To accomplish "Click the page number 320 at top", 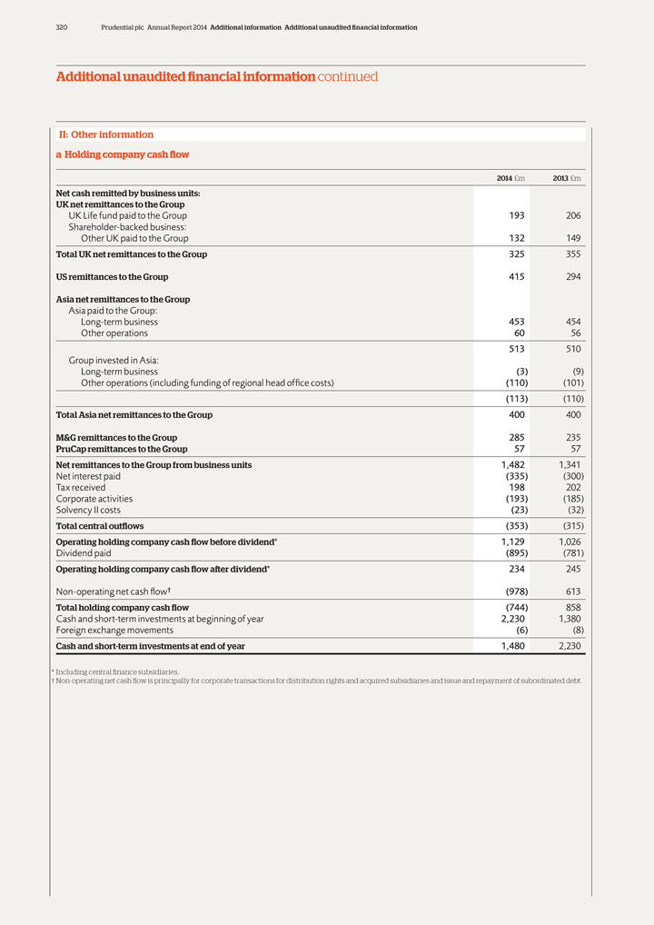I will [62, 28].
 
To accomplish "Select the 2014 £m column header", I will [510, 178].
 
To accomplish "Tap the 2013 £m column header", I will [567, 178].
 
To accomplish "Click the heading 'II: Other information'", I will [106, 134].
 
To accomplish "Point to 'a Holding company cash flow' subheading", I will [123, 154].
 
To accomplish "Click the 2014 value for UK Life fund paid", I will [514, 216].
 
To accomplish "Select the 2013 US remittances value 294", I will [572, 277].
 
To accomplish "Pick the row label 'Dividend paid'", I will [84, 553].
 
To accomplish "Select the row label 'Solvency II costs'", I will [88, 511].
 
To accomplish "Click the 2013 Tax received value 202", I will [572, 488].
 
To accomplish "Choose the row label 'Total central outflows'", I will [100, 526].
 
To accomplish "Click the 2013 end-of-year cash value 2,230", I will [568, 646].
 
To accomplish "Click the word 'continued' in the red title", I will [348, 77].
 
